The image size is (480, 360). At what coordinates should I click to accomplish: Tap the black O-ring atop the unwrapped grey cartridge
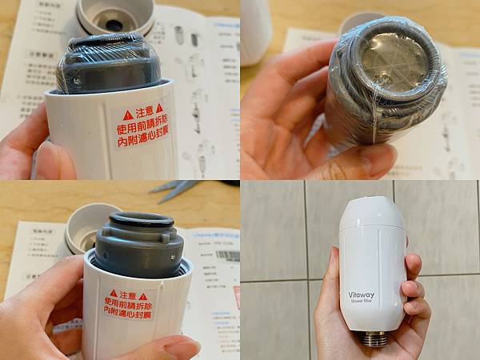click(x=141, y=220)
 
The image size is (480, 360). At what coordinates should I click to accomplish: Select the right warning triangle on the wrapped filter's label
click(x=158, y=107)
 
